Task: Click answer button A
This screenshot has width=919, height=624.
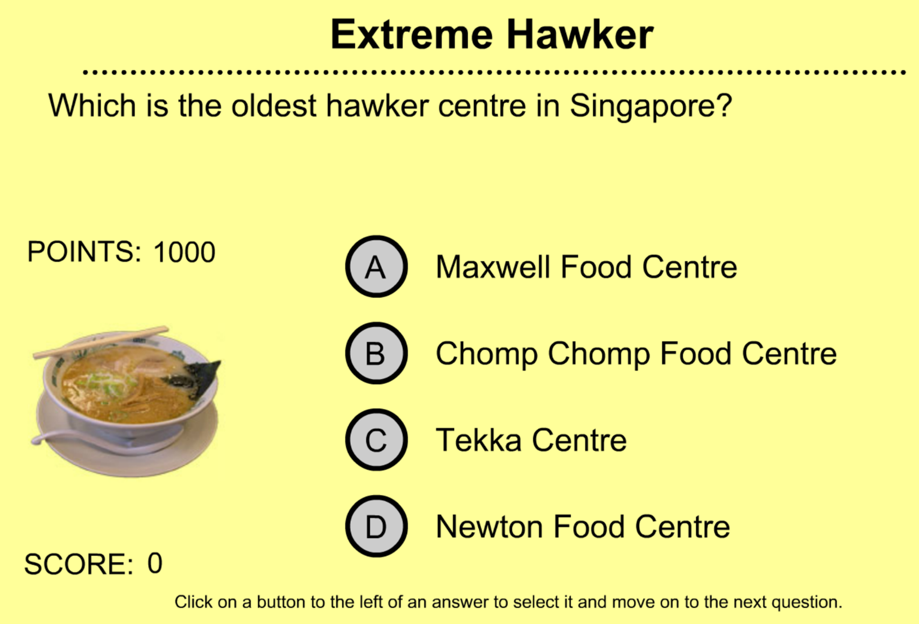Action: tap(376, 267)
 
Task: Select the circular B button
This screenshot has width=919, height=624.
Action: tap(376, 353)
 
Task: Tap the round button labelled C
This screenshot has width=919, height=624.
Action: tap(376, 440)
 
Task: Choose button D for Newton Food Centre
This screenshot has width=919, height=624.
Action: tap(376, 526)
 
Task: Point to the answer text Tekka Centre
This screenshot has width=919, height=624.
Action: tap(531, 440)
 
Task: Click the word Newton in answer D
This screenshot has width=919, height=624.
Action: tap(490, 526)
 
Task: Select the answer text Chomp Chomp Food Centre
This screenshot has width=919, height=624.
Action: tap(636, 353)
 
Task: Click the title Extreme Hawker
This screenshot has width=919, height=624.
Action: tap(492, 35)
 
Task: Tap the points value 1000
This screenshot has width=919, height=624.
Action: tap(184, 252)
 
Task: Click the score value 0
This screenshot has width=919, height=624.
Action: tap(155, 563)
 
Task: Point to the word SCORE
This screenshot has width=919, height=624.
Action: tap(79, 564)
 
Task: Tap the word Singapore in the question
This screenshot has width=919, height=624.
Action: tap(651, 107)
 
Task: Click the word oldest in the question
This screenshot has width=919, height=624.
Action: tap(274, 105)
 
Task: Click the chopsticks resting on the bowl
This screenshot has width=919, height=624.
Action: tap(101, 342)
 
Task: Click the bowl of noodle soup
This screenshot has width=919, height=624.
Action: tap(127, 401)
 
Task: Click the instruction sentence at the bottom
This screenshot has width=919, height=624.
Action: tap(508, 602)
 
